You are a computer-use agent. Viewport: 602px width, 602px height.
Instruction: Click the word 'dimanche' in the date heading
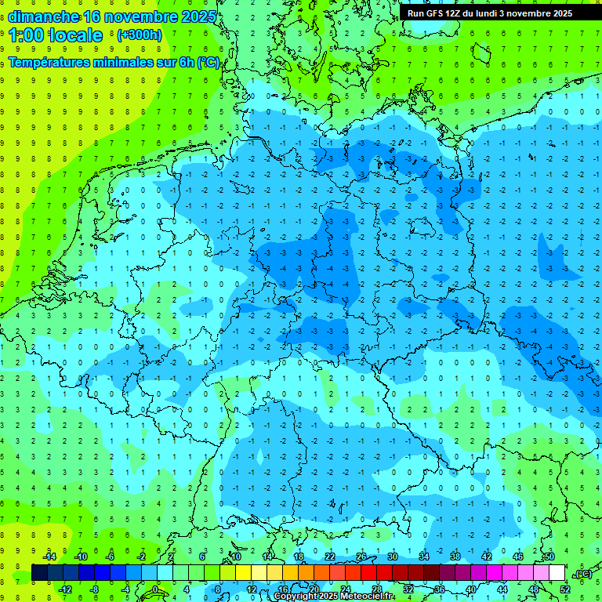[x=43, y=16]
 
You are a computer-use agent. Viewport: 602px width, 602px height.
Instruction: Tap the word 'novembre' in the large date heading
[x=143, y=16]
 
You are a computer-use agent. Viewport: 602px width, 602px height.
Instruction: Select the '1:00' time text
[x=26, y=35]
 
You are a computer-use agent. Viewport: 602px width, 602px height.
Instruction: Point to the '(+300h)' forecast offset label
[x=139, y=35]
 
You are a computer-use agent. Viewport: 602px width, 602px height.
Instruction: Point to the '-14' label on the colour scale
[x=49, y=557]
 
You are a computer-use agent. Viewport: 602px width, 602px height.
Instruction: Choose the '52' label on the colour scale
[x=565, y=589]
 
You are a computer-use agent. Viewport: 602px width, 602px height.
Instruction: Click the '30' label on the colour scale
[x=393, y=557]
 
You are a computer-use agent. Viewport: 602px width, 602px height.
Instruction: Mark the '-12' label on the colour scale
[x=64, y=589]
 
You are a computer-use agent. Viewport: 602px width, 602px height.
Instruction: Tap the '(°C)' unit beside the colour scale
[x=583, y=575]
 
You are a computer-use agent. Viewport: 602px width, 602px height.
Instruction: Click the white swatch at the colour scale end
[x=557, y=573]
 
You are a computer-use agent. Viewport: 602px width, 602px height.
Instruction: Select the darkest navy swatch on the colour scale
[x=39, y=573]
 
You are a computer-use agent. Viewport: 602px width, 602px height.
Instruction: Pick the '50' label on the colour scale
[x=549, y=557]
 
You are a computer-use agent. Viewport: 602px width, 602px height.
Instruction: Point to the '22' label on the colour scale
[x=330, y=557]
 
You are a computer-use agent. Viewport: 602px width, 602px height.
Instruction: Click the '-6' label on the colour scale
[x=111, y=557]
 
